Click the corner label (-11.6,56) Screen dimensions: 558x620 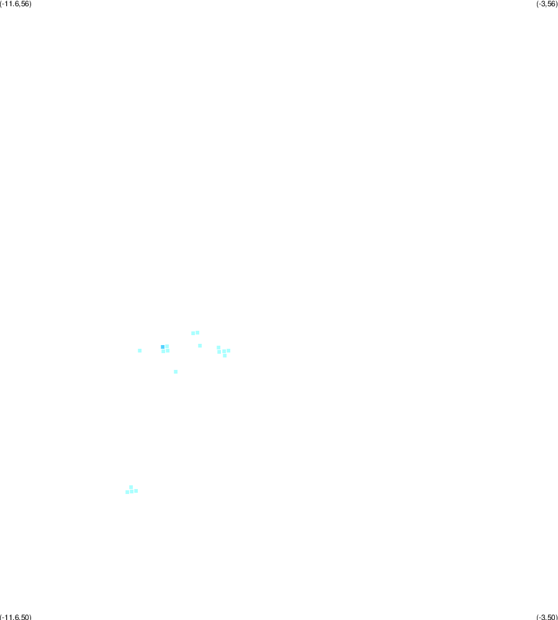coord(16,4)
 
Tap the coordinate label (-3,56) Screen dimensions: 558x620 coord(547,4)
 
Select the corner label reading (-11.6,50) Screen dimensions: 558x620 coord(16,617)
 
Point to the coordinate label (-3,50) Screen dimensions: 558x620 coord(547,617)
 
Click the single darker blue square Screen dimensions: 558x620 coord(163,347)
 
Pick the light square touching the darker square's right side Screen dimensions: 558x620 coord(167,346)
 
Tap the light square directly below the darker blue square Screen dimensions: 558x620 coord(163,351)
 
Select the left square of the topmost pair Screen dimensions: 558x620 coord(193,333)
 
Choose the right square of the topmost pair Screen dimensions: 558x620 coord(197,333)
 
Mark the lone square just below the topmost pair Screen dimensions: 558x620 coord(200,346)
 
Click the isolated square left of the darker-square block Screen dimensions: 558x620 coord(140,350)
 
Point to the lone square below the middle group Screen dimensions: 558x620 coord(176,372)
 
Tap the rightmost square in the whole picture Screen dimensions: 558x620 coord(228,351)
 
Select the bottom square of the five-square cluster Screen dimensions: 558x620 coord(225,356)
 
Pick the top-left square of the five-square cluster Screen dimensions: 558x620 coord(218,348)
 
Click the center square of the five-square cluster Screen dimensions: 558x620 coord(224,351)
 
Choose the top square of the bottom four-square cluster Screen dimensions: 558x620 coord(131,487)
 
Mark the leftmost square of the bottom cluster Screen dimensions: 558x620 coord(127,492)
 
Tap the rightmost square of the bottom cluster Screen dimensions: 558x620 coord(136,491)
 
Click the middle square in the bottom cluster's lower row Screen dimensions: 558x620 coord(132,492)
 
